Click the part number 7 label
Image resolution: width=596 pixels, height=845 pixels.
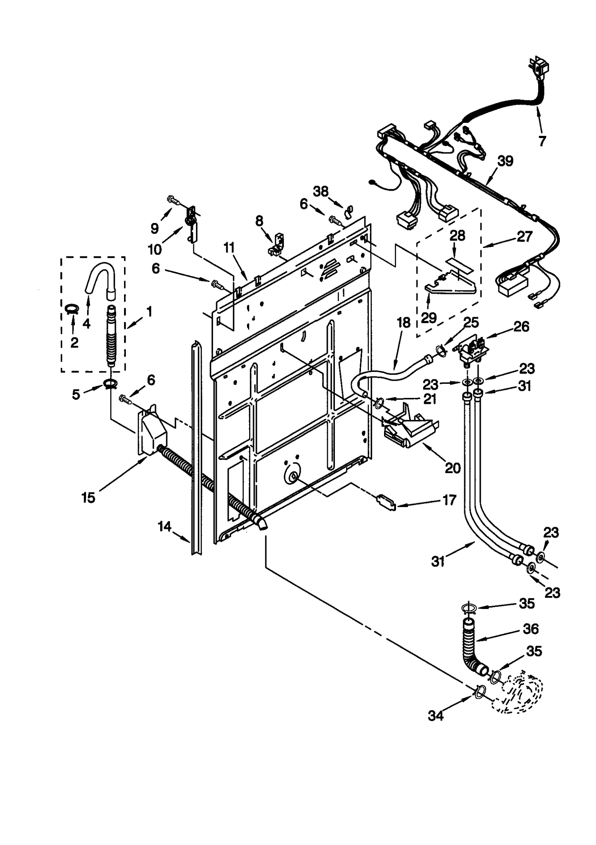542,141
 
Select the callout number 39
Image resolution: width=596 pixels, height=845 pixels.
505,161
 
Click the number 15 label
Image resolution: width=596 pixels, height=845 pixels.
88,497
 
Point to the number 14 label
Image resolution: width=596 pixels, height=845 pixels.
164,526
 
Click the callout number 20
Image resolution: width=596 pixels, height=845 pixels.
453,468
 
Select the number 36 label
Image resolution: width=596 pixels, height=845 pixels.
530,629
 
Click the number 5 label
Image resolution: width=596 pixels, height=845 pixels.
76,395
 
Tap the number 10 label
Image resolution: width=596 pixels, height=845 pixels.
155,249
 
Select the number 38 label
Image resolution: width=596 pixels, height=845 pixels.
321,192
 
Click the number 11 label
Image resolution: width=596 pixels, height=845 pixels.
230,248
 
